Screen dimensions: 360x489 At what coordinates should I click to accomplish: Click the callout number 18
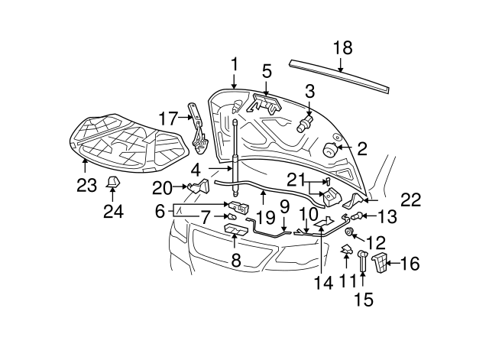[x=343, y=48]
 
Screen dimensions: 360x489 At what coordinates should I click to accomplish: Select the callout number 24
[x=113, y=211]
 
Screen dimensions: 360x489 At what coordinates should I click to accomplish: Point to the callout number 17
[x=167, y=118]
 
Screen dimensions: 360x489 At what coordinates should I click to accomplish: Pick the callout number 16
[x=410, y=264]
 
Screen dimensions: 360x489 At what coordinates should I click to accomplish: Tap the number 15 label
[x=363, y=300]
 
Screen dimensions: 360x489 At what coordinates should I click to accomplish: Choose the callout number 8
[x=236, y=261]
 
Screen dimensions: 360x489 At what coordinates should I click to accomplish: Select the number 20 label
[x=161, y=186]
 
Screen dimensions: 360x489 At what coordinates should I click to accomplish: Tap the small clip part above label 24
[x=113, y=182]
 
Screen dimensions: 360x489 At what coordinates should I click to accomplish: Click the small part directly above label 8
[x=235, y=232]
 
